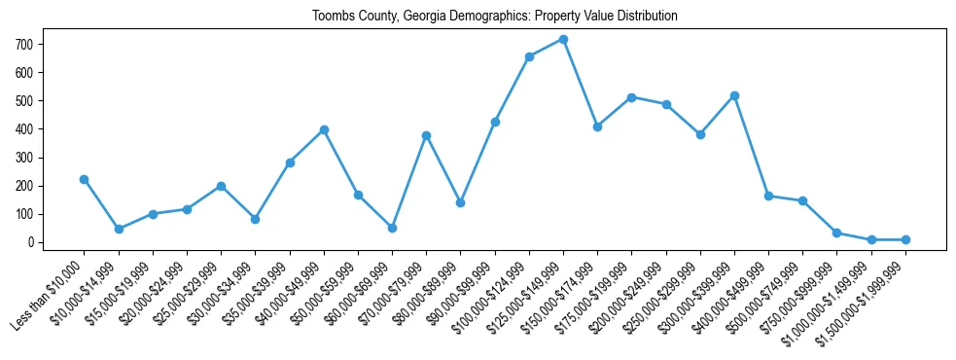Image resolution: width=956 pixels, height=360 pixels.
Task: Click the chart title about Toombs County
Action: click(x=494, y=17)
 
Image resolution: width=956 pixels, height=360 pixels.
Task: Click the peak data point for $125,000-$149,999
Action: click(x=563, y=40)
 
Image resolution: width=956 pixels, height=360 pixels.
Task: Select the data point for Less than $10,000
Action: click(x=85, y=179)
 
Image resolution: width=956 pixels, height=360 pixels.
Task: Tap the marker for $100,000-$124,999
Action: click(x=529, y=56)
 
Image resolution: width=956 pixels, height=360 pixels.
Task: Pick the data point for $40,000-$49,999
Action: click(x=324, y=129)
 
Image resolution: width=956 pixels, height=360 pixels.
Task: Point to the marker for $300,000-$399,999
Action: click(x=734, y=95)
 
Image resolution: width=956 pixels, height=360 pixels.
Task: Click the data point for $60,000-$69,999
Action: click(x=392, y=228)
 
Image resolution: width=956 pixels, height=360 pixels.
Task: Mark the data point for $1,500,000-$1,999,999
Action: click(x=905, y=239)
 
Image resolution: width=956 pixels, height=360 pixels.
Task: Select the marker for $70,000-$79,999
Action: click(x=426, y=135)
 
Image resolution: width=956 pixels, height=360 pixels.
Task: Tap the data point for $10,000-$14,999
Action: click(x=119, y=229)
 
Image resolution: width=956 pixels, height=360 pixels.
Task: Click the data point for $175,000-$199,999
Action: click(x=631, y=97)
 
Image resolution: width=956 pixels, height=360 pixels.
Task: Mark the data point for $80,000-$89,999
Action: click(x=460, y=202)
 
